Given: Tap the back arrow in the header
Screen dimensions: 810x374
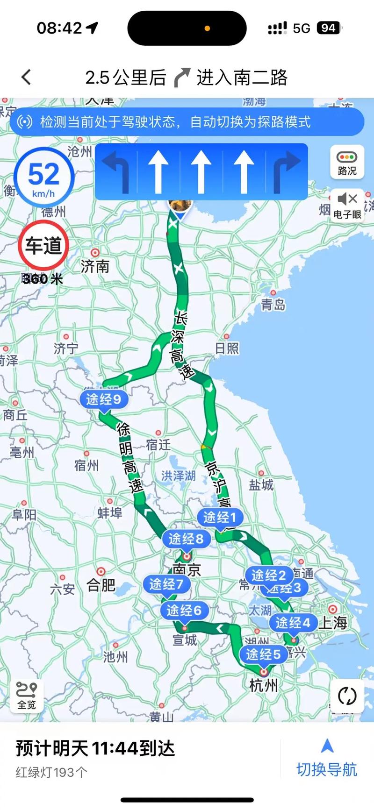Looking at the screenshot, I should pyautogui.click(x=26, y=77).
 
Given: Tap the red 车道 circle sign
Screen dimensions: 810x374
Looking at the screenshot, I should pyautogui.click(x=43, y=245).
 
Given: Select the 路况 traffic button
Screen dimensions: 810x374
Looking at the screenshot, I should pyautogui.click(x=347, y=162).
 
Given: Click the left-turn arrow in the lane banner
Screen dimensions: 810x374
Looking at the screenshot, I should pyautogui.click(x=116, y=171).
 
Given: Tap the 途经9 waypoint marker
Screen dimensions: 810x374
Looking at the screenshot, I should pyautogui.click(x=103, y=399).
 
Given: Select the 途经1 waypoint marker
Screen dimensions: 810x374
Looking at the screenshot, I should pyautogui.click(x=220, y=517).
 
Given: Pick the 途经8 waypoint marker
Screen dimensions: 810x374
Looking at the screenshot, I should pyautogui.click(x=186, y=539).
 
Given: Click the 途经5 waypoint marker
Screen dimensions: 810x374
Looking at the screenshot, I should pyautogui.click(x=263, y=654).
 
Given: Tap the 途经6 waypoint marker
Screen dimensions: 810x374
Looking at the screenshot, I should pyautogui.click(x=184, y=610).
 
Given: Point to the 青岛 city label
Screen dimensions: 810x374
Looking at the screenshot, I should pyautogui.click(x=273, y=305).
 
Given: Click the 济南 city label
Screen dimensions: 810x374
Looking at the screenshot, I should pyautogui.click(x=95, y=266).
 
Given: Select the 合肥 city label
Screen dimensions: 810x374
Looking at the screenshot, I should pyautogui.click(x=101, y=585).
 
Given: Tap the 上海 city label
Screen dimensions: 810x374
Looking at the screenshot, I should pyautogui.click(x=333, y=622).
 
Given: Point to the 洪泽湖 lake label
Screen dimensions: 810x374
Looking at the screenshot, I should pyautogui.click(x=178, y=476).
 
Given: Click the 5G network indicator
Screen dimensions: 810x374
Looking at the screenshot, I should pyautogui.click(x=302, y=28).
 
